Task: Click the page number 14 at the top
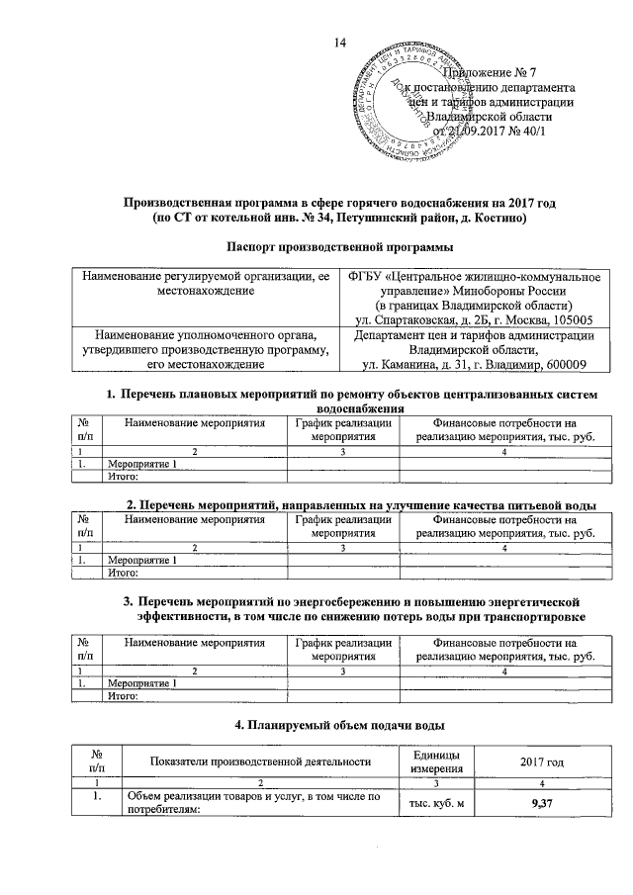(342, 41)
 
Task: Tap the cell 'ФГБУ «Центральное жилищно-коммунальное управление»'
(470, 283)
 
